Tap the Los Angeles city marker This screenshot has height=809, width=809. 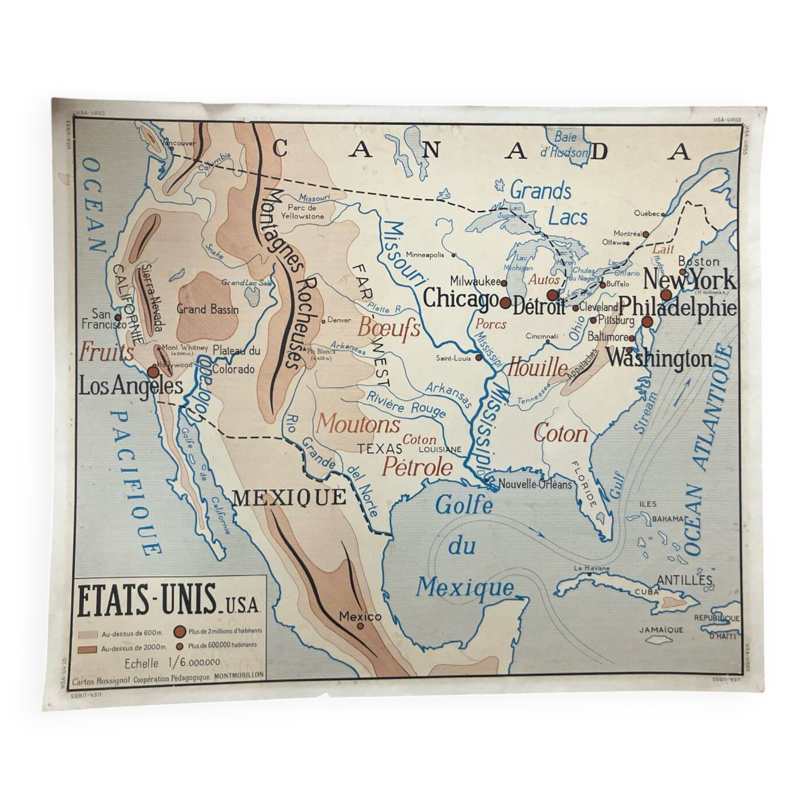point(153,372)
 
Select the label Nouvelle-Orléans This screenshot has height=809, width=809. point(535,485)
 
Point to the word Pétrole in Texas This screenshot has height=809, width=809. point(417,467)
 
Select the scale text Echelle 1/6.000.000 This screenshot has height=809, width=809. point(172,663)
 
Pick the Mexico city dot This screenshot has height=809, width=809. point(360,626)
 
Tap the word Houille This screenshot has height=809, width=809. point(537,368)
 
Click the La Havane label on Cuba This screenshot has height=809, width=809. point(592,568)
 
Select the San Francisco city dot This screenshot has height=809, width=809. point(118,318)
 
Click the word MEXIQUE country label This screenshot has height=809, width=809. point(289,498)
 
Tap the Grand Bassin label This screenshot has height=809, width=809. point(208,310)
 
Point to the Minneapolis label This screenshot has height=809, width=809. point(425,254)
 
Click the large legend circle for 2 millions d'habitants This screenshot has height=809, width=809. point(180,631)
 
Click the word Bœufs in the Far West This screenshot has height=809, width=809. point(389,328)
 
